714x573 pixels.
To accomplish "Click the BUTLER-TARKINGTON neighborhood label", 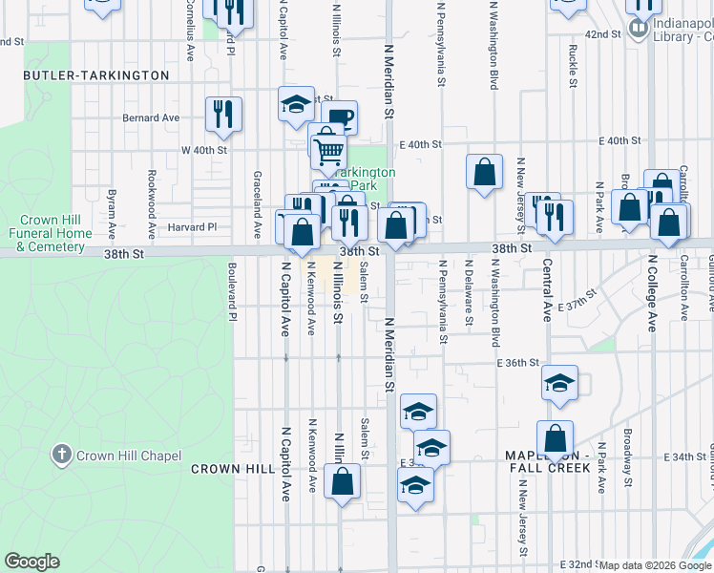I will coord(95,74).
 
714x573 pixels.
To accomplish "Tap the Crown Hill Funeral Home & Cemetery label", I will coord(51,232).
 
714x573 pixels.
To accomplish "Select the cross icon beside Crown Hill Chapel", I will coord(63,455).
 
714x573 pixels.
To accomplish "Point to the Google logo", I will coord(31,562).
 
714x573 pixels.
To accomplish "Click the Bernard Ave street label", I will coord(151,118).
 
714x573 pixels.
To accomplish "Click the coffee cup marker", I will coord(341,118).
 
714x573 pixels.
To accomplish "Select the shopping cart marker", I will coord(329,149).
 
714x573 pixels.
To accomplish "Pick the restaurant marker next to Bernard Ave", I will coord(223,114).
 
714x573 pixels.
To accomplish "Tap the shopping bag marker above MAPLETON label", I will coord(555,438).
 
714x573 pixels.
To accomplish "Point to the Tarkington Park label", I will coord(368,179).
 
